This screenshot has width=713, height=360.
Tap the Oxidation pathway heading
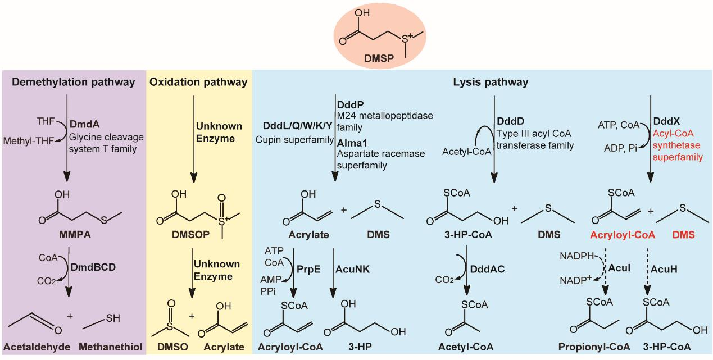(x=198, y=83)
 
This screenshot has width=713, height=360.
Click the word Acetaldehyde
(x=34, y=347)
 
